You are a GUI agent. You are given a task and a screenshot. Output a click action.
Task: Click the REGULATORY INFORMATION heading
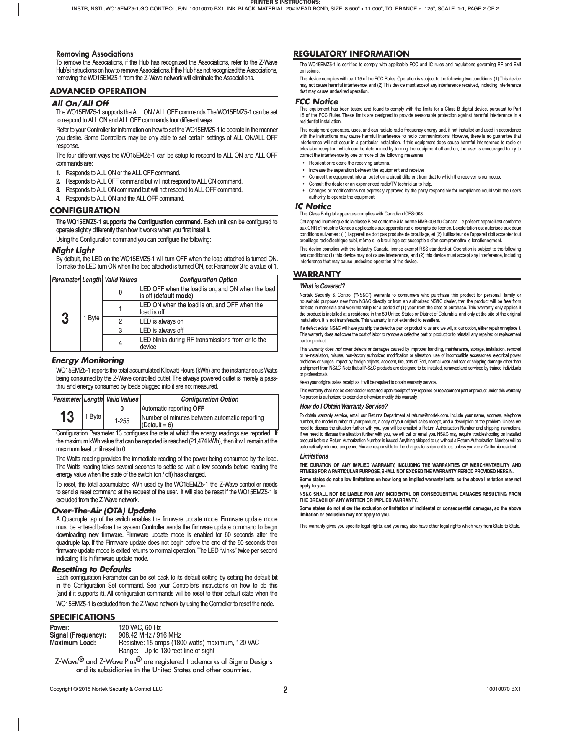coord(351,54)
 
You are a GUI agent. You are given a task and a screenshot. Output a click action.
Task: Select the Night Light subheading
coord(73,251)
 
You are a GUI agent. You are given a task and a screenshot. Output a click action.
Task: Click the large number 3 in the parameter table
coord(65,318)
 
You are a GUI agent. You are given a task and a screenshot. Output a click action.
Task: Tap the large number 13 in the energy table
coord(67,417)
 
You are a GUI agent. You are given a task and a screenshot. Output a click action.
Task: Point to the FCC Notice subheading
coord(316,102)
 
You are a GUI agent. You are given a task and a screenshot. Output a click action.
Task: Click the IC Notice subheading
coord(313,207)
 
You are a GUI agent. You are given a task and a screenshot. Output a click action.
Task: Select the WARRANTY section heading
coord(317,274)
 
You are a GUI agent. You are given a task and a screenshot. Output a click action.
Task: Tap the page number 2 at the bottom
coord(285,690)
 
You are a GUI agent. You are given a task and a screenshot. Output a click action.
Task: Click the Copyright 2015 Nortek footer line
coord(106,689)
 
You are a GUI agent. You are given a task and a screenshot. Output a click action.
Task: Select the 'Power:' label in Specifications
coord(60,627)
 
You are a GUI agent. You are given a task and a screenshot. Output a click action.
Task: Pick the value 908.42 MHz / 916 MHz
coord(150,635)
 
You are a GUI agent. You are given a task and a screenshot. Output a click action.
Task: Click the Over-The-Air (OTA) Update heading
coord(103,511)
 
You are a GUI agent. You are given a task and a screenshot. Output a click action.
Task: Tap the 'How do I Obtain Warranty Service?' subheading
coord(344,407)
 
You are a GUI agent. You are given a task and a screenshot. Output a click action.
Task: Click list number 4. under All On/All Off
coord(59,198)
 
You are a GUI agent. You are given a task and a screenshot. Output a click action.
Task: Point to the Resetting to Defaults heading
coord(91,570)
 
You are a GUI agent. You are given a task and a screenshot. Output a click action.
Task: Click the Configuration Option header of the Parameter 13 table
coord(209,399)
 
